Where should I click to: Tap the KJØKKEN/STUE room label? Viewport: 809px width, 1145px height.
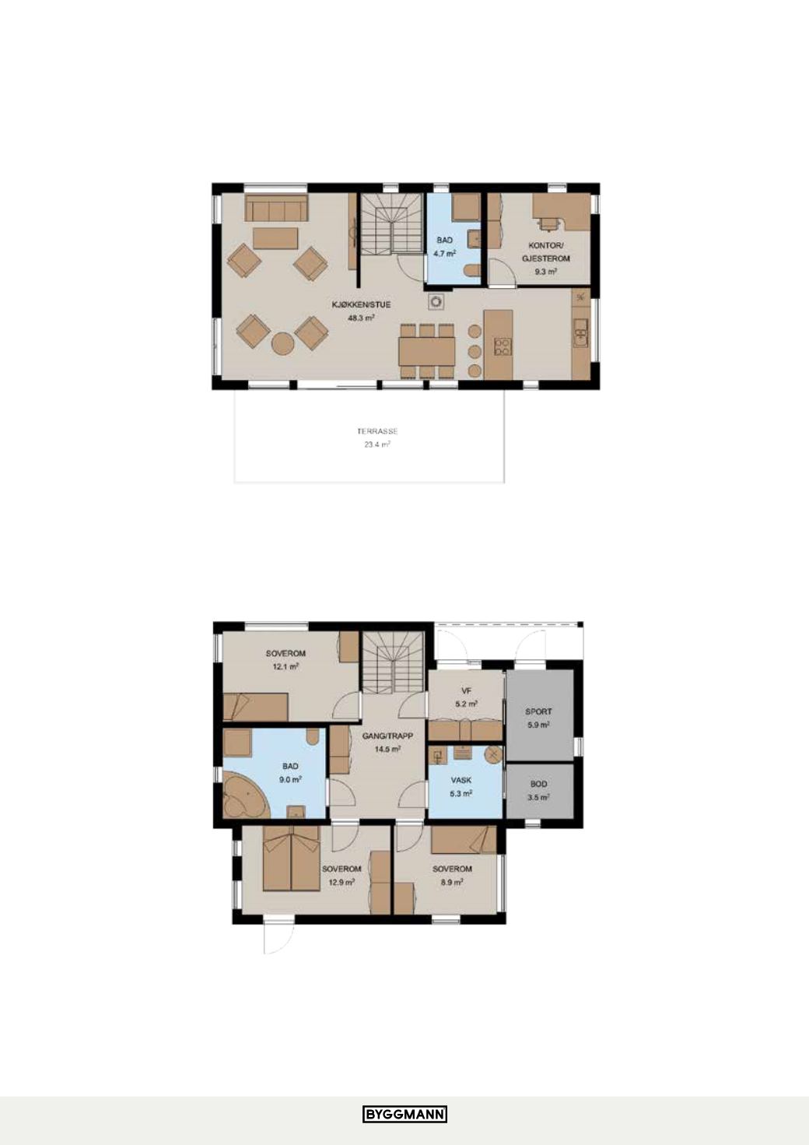pyautogui.click(x=361, y=304)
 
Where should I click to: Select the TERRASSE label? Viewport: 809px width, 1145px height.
pyautogui.click(x=377, y=431)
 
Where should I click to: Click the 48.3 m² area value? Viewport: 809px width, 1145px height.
pyautogui.click(x=362, y=318)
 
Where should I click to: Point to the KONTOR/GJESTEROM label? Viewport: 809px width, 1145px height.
pyautogui.click(x=545, y=252)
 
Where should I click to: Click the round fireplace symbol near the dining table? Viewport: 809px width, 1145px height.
pyautogui.click(x=436, y=302)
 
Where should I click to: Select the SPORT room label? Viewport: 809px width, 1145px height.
pyautogui.click(x=539, y=711)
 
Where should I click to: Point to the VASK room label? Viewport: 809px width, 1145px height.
pyautogui.click(x=461, y=781)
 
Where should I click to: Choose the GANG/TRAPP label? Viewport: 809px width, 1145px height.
pyautogui.click(x=387, y=736)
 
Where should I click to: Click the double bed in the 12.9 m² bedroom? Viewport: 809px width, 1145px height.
pyautogui.click(x=292, y=859)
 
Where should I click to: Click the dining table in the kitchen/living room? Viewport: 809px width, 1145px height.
pyautogui.click(x=426, y=351)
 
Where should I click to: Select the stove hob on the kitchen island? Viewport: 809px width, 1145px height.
pyautogui.click(x=501, y=347)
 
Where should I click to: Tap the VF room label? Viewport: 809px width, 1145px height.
pyautogui.click(x=466, y=691)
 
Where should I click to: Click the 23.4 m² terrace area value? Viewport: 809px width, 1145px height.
pyautogui.click(x=377, y=444)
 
